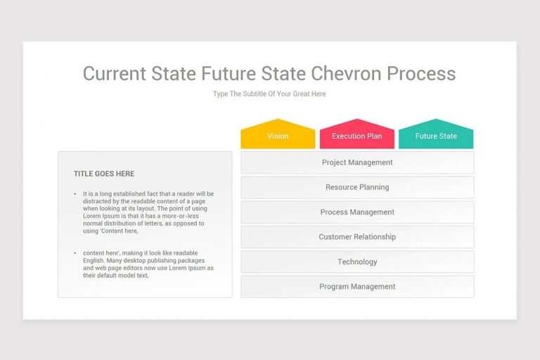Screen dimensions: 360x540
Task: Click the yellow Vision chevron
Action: coord(278,135)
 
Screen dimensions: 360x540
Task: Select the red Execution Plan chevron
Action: coord(357,135)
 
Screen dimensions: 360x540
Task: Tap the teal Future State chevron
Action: coord(436,135)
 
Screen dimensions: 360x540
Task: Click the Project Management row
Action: coord(357,162)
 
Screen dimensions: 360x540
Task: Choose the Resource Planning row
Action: coord(357,187)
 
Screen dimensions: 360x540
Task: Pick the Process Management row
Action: coord(357,212)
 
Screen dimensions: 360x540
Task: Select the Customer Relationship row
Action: coord(357,237)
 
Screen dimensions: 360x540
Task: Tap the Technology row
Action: coord(357,262)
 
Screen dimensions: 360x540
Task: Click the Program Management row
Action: coord(357,286)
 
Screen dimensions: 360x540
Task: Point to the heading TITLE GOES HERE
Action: coord(104,174)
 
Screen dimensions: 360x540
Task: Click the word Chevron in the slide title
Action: coord(342,74)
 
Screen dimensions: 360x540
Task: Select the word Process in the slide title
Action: coord(421,74)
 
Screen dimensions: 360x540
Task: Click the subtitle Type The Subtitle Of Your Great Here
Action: coord(269,94)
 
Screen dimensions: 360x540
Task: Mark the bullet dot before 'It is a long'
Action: coord(75,194)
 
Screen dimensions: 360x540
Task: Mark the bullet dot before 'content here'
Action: coord(75,253)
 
